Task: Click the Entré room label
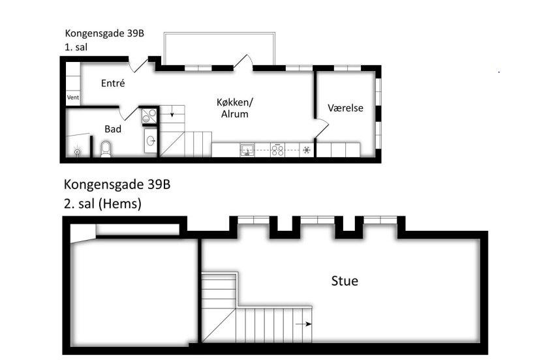[113, 83]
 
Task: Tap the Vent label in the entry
[73, 97]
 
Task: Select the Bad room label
[113, 129]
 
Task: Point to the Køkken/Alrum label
[235, 108]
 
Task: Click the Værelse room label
[345, 108]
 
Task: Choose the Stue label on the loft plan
[345, 280]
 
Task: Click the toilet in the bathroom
[106, 149]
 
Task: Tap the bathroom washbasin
[151, 140]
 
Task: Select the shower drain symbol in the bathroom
[78, 151]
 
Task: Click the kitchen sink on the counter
[247, 150]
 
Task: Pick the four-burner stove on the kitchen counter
[277, 150]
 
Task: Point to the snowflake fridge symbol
[307, 150]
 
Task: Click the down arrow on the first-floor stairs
[172, 113]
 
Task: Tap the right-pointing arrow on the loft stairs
[303, 324]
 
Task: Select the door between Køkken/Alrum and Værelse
[322, 128]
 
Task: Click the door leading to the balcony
[243, 63]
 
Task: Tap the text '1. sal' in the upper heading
[76, 47]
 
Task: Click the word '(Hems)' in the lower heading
[120, 203]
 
